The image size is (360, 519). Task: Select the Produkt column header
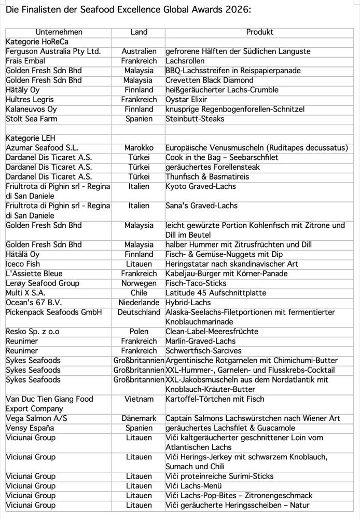pos(259,32)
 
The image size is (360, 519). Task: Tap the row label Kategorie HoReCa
pos(37,42)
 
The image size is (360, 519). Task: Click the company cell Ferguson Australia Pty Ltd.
pos(53,51)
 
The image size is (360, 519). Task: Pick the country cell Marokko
pos(139,147)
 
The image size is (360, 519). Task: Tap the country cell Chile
pos(139,293)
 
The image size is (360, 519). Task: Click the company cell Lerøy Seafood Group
pos(43,283)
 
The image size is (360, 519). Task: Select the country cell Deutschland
pos(139,312)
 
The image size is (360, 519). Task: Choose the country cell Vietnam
pos(139,399)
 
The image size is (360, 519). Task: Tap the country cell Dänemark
pos(139,418)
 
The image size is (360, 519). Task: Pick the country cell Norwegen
pos(139,283)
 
